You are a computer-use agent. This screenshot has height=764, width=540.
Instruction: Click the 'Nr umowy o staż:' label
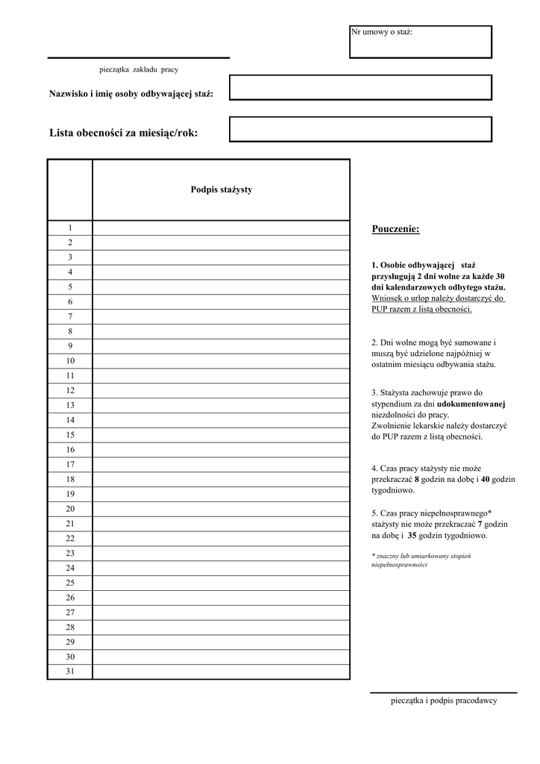pos(382,32)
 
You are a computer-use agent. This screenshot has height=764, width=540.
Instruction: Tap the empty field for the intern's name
pos(360,87)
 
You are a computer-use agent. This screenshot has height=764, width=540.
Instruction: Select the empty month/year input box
pos(360,129)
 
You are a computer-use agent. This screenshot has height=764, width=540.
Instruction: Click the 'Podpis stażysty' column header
pos(221,190)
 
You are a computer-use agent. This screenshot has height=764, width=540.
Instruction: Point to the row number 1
pos(70,228)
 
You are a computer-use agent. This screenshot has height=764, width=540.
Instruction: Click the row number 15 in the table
pos(70,434)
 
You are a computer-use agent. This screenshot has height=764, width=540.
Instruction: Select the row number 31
pos(70,671)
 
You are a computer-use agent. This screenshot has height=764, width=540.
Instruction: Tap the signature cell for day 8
pos(221,331)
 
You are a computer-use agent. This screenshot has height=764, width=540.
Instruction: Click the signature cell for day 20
pos(221,509)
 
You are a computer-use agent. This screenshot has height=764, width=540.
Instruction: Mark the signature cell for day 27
pos(221,613)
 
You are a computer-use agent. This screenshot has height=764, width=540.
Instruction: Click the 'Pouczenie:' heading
pos(395,228)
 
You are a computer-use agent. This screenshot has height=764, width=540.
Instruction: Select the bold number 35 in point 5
pos(412,536)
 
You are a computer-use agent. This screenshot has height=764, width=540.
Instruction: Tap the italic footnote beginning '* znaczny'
pos(421,560)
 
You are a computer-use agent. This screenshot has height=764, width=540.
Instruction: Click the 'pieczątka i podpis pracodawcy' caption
pos(444,701)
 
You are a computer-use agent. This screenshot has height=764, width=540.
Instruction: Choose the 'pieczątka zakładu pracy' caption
pos(139,69)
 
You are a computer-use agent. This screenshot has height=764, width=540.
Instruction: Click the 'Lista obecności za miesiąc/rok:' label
pos(124,133)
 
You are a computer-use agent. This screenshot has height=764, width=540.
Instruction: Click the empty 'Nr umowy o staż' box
pos(420,46)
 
